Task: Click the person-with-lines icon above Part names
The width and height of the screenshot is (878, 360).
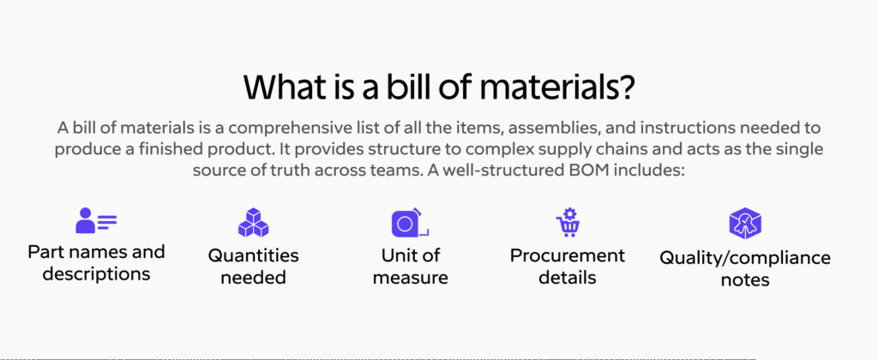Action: [x=96, y=221]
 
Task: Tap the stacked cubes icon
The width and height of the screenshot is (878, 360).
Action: [x=253, y=222]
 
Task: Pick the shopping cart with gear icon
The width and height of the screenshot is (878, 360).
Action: [x=568, y=222]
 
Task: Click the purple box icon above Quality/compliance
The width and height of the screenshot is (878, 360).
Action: [x=745, y=223]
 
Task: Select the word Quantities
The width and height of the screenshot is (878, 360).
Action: [x=253, y=255]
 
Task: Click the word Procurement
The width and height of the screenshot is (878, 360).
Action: [x=568, y=255]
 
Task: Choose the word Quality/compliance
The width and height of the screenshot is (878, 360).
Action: [x=745, y=258]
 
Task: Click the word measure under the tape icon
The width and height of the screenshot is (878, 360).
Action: [x=409, y=277]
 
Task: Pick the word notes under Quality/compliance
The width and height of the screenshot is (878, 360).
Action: [x=745, y=279]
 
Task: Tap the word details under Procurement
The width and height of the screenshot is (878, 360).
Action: [x=568, y=277]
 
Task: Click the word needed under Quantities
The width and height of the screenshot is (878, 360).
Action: [x=253, y=277]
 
